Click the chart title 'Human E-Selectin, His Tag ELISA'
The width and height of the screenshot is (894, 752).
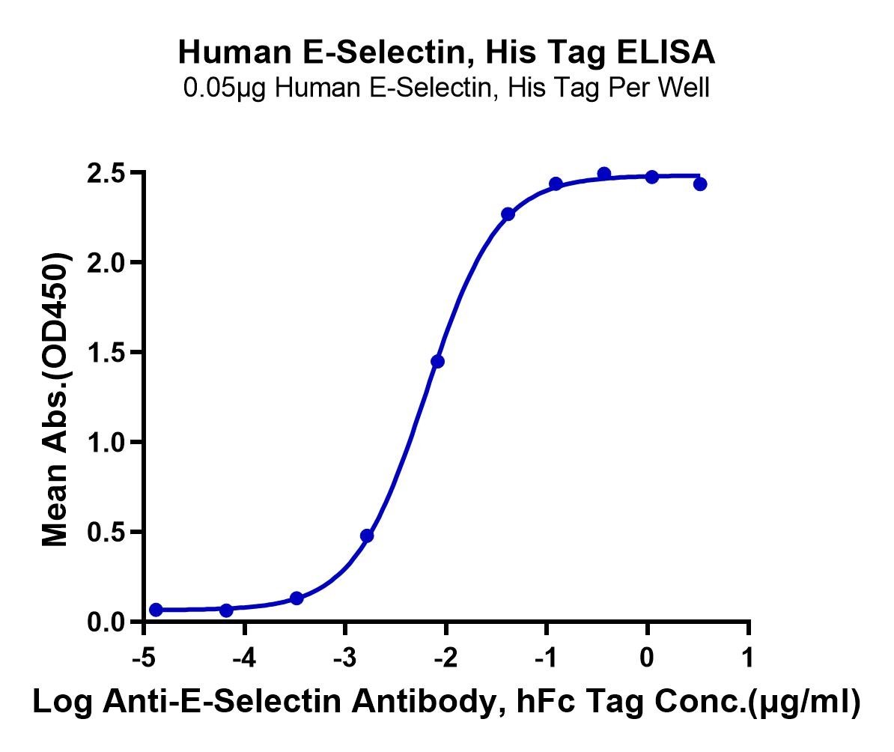[446, 52]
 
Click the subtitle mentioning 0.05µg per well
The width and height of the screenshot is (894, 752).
[446, 88]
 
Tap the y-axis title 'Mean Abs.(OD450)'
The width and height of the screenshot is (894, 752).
[56, 398]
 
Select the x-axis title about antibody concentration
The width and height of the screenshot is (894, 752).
[446, 702]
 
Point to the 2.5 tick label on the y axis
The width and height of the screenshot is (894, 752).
[106, 173]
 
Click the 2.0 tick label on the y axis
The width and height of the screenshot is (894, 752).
[106, 263]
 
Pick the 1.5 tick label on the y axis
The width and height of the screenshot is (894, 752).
[106, 353]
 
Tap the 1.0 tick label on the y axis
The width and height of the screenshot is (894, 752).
[106, 442]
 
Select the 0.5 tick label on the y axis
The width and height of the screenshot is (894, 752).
[106, 533]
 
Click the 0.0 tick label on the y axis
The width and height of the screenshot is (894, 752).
[106, 622]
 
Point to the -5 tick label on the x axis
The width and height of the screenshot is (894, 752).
[144, 658]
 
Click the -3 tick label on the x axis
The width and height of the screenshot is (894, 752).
[344, 658]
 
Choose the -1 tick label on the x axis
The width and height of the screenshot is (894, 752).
[546, 658]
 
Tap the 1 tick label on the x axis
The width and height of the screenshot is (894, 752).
[748, 658]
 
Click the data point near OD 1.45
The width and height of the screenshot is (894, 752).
[437, 361]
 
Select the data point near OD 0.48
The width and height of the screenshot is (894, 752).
[367, 536]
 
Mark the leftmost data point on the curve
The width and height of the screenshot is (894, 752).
[156, 610]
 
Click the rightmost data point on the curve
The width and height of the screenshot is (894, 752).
[700, 184]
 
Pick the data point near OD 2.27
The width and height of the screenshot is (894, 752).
[508, 214]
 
